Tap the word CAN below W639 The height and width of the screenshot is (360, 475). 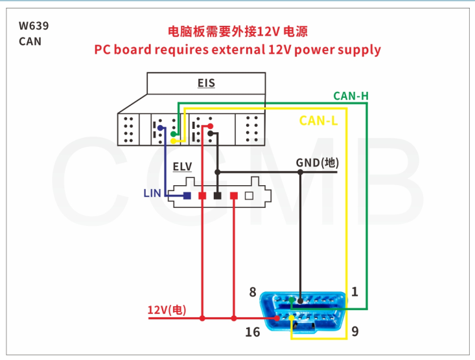click(x=30, y=42)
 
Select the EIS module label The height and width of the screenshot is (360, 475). click(x=206, y=84)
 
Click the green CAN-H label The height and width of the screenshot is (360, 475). click(x=351, y=96)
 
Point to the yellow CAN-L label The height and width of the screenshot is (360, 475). click(x=318, y=120)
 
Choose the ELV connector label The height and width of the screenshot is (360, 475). click(x=183, y=167)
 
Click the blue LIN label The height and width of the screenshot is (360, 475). click(x=152, y=193)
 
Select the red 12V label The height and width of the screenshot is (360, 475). click(x=167, y=310)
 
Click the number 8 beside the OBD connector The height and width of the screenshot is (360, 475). click(x=253, y=292)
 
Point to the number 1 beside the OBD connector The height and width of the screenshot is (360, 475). click(x=354, y=292)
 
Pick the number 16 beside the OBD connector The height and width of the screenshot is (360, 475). click(x=253, y=332)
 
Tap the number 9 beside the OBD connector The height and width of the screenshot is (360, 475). click(x=354, y=332)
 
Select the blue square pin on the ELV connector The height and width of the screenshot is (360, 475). click(x=187, y=196)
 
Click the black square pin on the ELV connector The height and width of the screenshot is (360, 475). click(x=218, y=196)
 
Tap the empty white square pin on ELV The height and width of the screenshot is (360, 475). click(x=249, y=196)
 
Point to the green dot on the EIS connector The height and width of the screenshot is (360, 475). click(x=174, y=135)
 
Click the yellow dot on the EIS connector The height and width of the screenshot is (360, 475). click(x=174, y=141)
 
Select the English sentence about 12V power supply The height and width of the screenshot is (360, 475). click(x=238, y=50)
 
